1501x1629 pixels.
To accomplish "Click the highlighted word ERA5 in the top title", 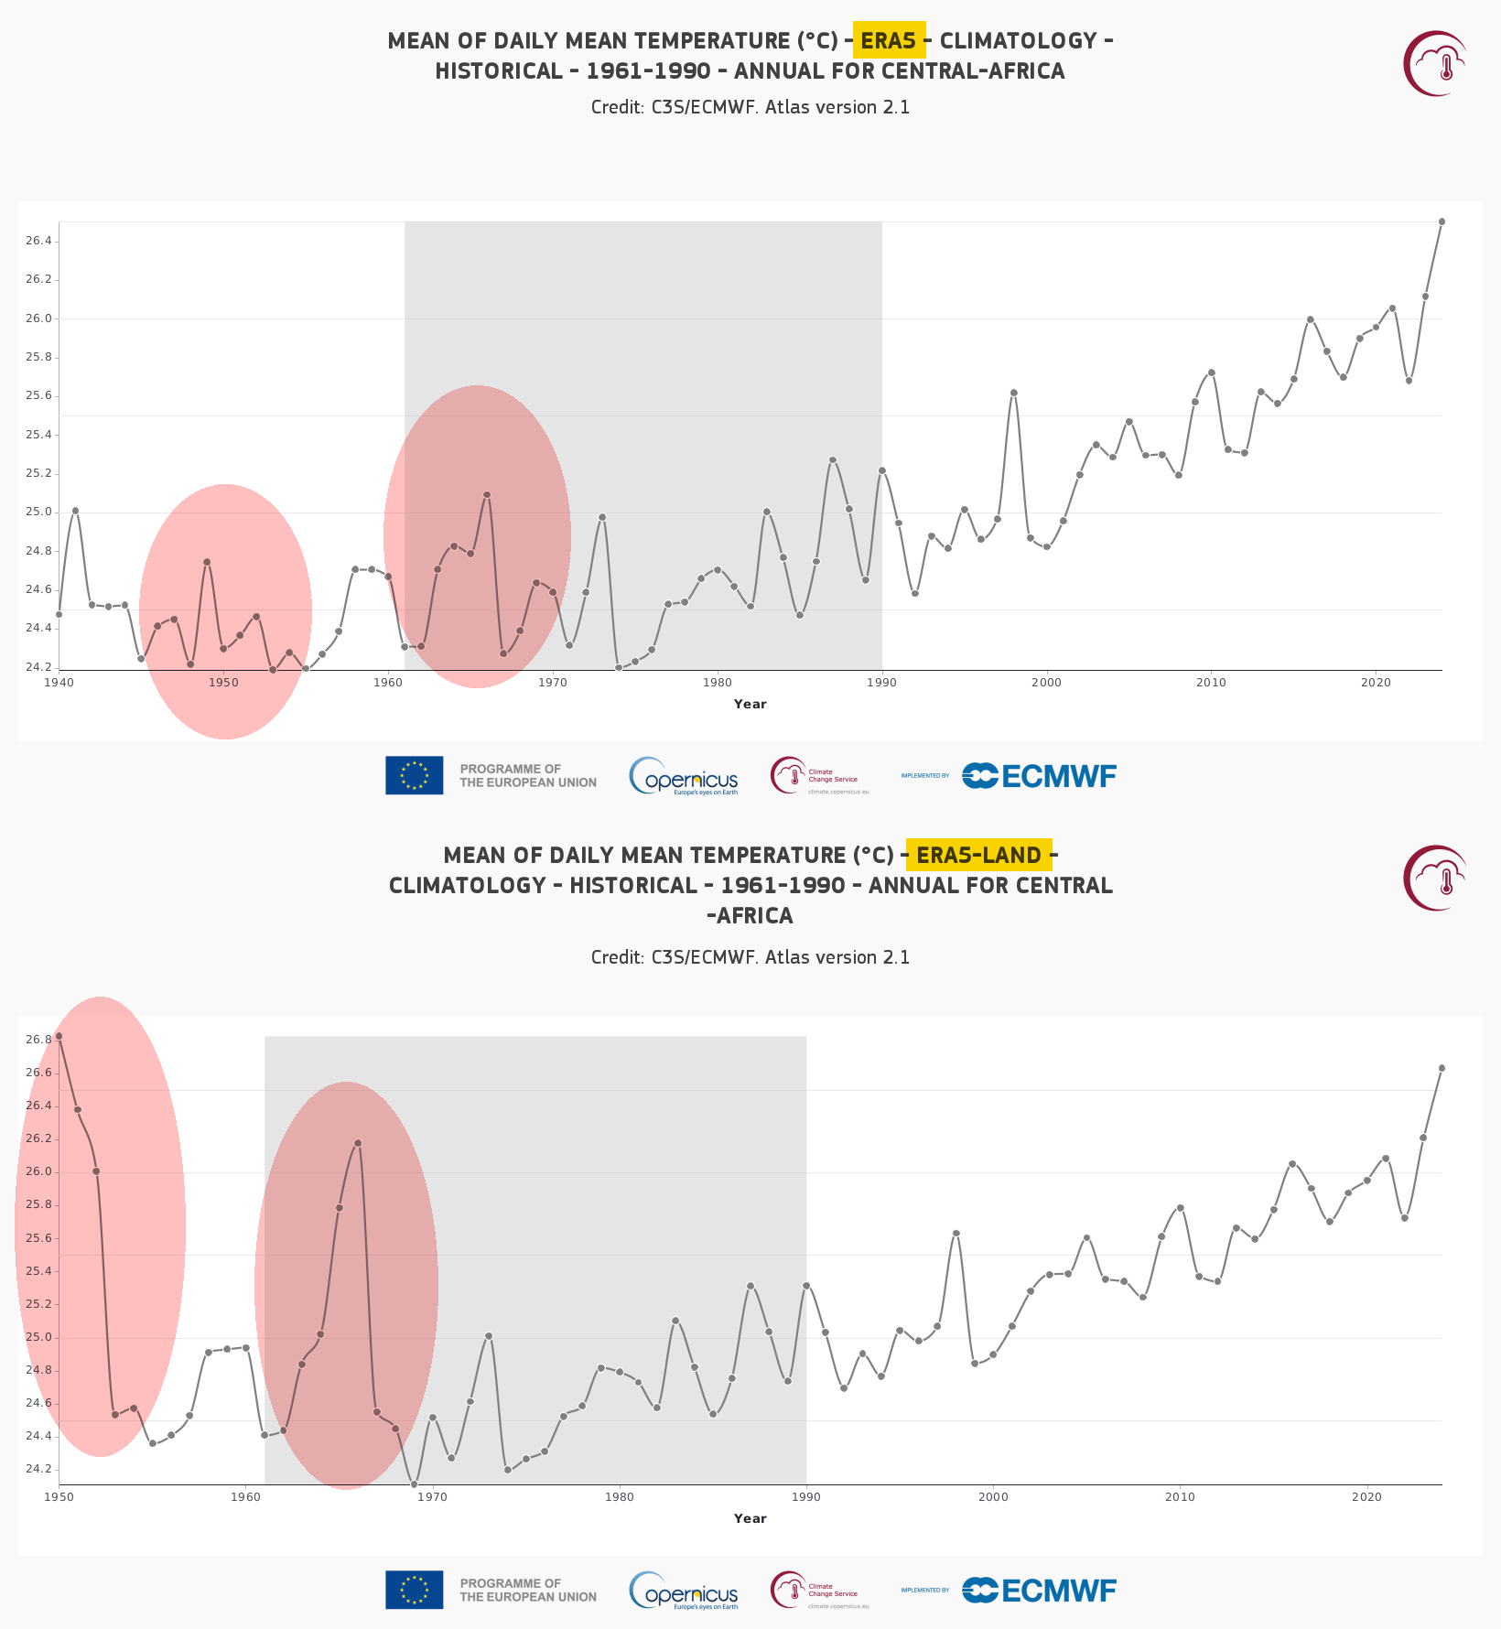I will (x=889, y=40).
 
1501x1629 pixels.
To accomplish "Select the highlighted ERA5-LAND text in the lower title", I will (x=978, y=855).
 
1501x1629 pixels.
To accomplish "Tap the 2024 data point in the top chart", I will (x=1442, y=221).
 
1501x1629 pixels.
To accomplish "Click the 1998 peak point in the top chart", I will (x=1013, y=393).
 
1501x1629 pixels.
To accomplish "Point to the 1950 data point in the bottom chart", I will (x=59, y=1036).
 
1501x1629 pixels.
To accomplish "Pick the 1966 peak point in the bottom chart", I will (x=358, y=1143).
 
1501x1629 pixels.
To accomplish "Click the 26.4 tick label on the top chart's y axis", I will (x=38, y=242).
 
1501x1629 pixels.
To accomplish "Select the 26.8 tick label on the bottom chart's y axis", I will (x=38, y=1040).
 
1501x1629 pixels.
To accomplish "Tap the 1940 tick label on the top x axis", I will (x=59, y=683).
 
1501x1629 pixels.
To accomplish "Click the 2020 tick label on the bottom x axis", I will (x=1366, y=1497).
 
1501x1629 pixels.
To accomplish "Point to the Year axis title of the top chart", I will (x=750, y=704).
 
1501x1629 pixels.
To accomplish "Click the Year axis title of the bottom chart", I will (x=750, y=1518).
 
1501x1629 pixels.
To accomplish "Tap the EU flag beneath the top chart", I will (x=414, y=775).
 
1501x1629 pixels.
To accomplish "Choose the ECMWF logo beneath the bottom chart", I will (x=1039, y=1591).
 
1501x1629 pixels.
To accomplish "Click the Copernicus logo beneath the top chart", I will (x=684, y=776).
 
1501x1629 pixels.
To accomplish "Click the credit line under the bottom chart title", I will (x=750, y=957).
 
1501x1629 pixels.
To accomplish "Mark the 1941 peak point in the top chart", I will (x=75, y=511).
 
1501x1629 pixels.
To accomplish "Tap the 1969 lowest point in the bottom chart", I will (x=414, y=1484).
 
